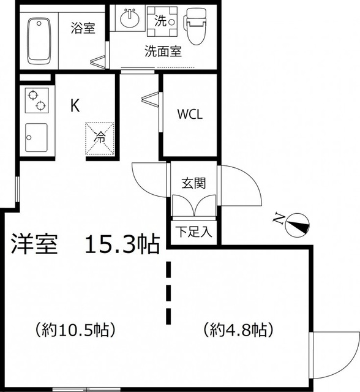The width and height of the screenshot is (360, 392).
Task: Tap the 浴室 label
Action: tap(83, 28)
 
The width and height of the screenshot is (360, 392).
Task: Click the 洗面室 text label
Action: tap(163, 51)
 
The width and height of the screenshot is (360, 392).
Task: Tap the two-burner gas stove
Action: tap(36, 100)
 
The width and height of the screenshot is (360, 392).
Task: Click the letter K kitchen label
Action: tap(75, 105)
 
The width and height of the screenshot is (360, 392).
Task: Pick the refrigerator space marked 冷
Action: tap(99, 137)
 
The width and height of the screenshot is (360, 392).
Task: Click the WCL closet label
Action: tap(190, 114)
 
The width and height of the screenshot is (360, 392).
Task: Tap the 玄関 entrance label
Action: tap(193, 183)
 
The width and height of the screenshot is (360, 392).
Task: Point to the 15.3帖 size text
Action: tap(122, 244)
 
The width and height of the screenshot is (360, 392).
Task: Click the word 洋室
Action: tap(34, 244)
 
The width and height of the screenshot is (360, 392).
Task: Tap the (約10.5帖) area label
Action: tap(76, 330)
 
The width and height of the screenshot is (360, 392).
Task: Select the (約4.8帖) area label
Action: tap(238, 330)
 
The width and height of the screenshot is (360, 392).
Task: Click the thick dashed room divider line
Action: tap(168, 293)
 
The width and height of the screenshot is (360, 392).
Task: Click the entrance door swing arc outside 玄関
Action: tap(245, 187)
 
